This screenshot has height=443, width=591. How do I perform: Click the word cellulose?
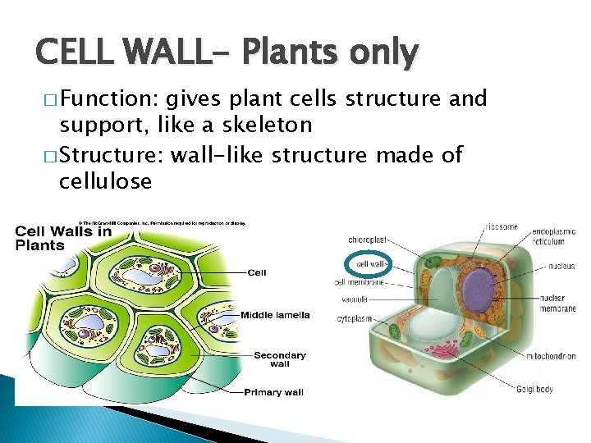[105, 181]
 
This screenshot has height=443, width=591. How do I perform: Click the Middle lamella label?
[275, 315]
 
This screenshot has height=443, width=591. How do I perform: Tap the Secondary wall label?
[279, 359]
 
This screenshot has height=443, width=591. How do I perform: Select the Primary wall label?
[273, 392]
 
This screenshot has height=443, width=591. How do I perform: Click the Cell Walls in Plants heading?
[63, 238]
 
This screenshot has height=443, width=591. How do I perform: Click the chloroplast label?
[367, 240]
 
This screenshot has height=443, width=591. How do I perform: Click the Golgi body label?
[534, 388]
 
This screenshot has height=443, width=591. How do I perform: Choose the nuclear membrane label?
[558, 303]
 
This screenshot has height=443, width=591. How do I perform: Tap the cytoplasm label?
[354, 318]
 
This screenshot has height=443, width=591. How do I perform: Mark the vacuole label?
[355, 299]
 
